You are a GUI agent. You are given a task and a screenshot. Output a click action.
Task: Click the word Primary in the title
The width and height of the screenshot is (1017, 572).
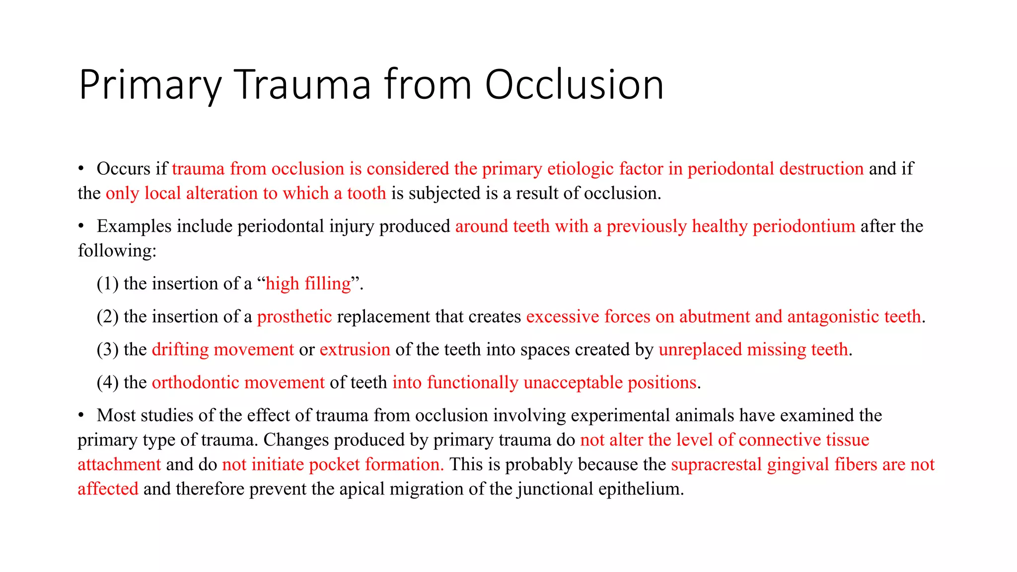pyautogui.click(x=149, y=85)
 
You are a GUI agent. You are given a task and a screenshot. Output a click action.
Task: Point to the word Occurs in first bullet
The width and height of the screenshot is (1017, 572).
pyautogui.click(x=123, y=169)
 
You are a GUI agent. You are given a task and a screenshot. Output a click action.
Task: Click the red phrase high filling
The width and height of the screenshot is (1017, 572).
pyautogui.click(x=308, y=284)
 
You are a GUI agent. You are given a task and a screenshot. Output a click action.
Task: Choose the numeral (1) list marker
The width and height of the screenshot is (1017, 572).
pyautogui.click(x=107, y=284)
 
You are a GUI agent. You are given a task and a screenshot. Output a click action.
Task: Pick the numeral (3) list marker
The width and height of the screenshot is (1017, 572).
pyautogui.click(x=107, y=350)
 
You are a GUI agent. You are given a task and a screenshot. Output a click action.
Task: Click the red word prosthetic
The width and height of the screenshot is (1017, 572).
pyautogui.click(x=294, y=317)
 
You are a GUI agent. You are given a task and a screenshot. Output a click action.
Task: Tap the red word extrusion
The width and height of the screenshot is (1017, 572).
pyautogui.click(x=355, y=350)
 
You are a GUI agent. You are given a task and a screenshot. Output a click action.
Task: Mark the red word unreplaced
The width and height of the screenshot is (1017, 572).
pyautogui.click(x=700, y=350)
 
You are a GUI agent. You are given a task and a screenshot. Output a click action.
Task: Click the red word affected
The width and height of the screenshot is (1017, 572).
pyautogui.click(x=108, y=489)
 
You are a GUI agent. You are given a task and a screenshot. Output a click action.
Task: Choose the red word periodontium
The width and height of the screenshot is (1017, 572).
pyautogui.click(x=803, y=226)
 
